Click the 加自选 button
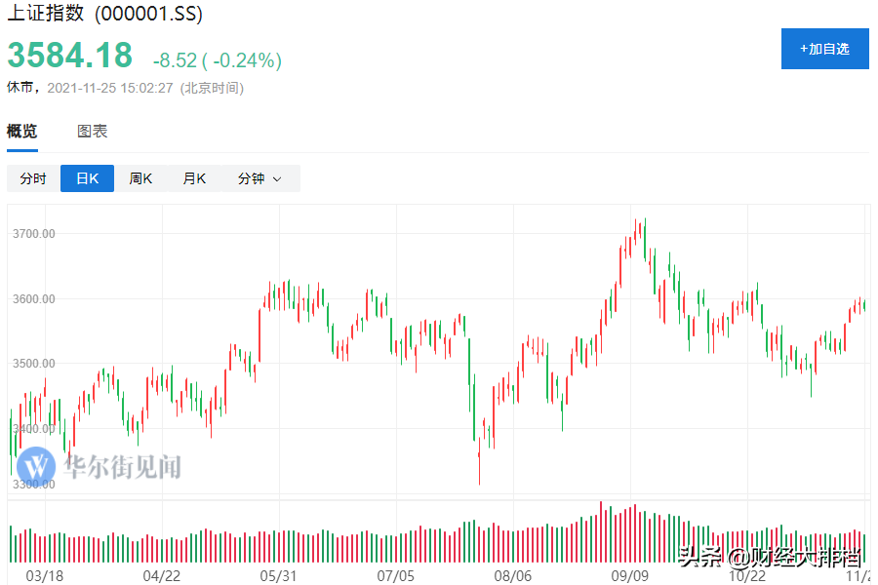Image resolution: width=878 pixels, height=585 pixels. point(824,49)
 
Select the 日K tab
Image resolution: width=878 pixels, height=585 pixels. point(87,178)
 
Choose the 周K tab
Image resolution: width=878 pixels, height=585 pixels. point(140,178)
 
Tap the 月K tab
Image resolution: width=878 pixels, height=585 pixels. point(194,178)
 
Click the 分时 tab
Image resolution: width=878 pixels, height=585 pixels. point(33,178)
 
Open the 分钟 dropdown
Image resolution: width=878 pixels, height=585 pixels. point(259,178)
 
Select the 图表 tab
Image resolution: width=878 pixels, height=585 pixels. point(93,132)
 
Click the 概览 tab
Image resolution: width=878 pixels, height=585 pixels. point(22,132)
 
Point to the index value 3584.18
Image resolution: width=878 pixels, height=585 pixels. point(70,56)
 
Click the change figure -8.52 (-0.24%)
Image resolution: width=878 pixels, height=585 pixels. point(217,60)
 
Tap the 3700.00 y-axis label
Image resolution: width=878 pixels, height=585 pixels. point(34,234)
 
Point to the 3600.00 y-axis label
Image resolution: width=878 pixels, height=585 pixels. point(34,298)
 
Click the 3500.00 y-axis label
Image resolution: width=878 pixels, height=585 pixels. point(34,364)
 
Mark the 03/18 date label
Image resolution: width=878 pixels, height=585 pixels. point(44,575)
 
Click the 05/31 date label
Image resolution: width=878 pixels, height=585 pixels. point(279,575)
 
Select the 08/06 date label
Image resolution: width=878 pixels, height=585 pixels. point(513,575)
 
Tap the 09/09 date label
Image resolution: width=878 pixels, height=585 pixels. point(630,575)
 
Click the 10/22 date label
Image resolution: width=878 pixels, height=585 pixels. point(747,575)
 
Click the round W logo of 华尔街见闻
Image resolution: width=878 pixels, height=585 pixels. point(36,465)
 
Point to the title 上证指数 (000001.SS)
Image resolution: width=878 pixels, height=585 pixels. point(104,17)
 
